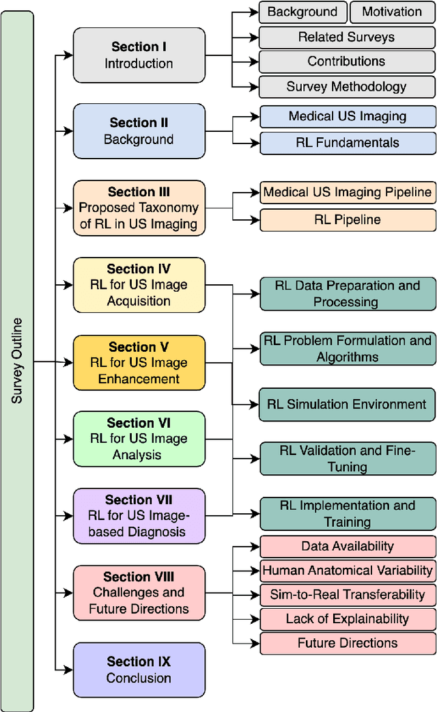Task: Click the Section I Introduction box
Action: (x=139, y=55)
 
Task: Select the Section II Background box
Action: (x=139, y=131)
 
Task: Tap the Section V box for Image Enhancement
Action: (x=139, y=363)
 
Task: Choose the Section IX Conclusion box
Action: (x=139, y=670)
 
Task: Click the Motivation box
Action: (x=392, y=12)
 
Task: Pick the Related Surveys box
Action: (x=347, y=37)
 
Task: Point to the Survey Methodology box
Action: (x=347, y=87)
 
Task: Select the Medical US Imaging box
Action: (x=347, y=117)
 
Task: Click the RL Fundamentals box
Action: (x=347, y=143)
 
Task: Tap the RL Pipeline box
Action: (x=347, y=219)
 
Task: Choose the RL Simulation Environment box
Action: (x=347, y=404)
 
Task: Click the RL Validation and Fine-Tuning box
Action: (x=347, y=458)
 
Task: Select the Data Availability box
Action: (x=347, y=546)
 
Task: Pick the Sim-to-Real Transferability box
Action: (x=347, y=594)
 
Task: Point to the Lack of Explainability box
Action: (x=347, y=619)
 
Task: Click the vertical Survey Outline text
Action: (x=17, y=360)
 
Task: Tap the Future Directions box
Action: (x=347, y=643)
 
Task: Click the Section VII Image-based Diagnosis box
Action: (x=139, y=516)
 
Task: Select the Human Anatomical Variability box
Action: (x=347, y=570)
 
